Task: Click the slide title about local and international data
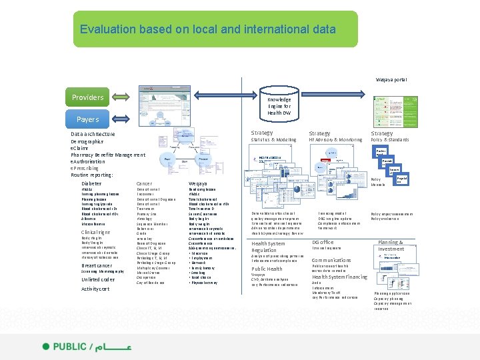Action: pyautogui.click(x=207, y=29)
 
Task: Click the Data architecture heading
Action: pyautogui.click(x=93, y=134)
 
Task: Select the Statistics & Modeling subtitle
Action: pyautogui.click(x=273, y=140)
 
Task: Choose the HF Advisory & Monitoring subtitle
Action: pyautogui.click(x=335, y=140)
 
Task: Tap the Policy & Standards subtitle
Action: pyautogui.click(x=390, y=140)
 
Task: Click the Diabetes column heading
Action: pyautogui.click(x=92, y=183)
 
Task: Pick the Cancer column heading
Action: pyautogui.click(x=143, y=183)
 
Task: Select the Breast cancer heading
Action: pyautogui.click(x=96, y=265)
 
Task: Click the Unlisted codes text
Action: pyautogui.click(x=98, y=279)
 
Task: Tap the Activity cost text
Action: pyautogui.click(x=95, y=289)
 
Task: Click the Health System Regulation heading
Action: pyautogui.click(x=268, y=247)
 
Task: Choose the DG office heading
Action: pyautogui.click(x=323, y=242)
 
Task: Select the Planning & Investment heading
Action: pyautogui.click(x=391, y=245)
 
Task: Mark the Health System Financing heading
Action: pyautogui.click(x=339, y=277)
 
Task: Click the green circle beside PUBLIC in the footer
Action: pyautogui.click(x=46, y=347)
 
